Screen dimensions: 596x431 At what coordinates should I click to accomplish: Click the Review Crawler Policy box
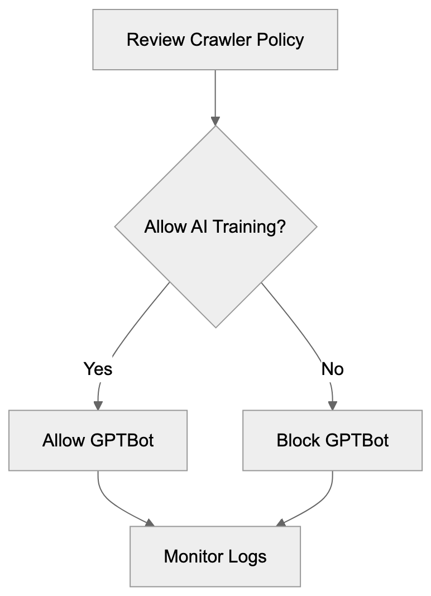coord(215,40)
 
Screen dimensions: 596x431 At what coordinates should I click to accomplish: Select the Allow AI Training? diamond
coord(215,227)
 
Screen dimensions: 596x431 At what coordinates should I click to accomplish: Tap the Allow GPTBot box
coord(98,440)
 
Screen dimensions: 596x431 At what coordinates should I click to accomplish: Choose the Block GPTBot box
coord(332,440)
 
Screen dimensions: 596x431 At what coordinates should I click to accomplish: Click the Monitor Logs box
coord(215,556)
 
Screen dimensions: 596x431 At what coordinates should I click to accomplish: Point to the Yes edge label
coord(98,369)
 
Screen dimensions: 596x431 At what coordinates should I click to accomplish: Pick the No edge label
coord(333,369)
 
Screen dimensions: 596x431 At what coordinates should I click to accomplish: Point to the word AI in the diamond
coord(191,227)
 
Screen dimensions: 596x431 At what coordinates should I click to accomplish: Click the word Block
coord(299,440)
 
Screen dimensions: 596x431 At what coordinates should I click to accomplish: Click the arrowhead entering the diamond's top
coord(215,121)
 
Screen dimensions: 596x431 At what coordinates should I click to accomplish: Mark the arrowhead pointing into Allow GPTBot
coord(98,405)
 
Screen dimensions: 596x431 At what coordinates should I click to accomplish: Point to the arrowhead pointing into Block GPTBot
coord(333,405)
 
